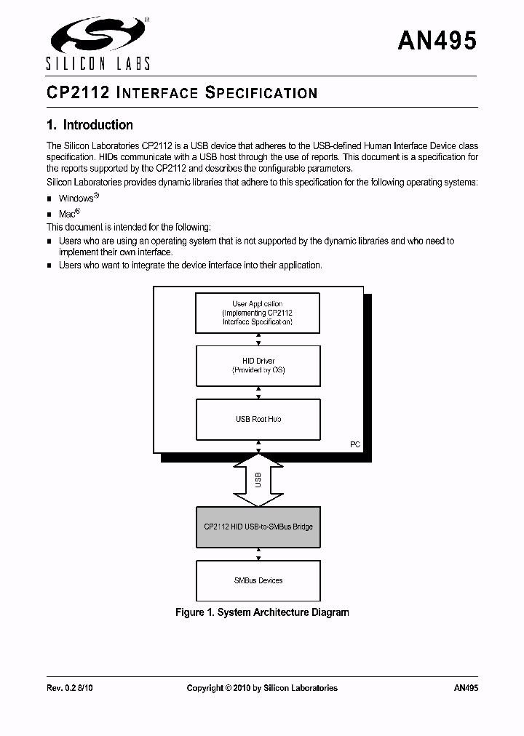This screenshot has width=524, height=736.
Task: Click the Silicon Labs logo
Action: (98, 43)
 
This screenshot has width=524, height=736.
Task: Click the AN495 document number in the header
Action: (437, 41)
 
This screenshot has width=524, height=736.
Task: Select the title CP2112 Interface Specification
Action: (181, 93)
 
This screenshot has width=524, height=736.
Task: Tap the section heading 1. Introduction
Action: (90, 125)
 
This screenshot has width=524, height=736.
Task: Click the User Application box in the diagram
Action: (258, 313)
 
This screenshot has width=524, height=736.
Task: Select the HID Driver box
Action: (258, 365)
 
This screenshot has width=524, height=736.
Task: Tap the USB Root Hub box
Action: (258, 419)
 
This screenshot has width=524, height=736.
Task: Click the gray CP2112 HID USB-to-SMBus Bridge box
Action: (258, 527)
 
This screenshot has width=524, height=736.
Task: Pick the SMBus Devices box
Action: (258, 580)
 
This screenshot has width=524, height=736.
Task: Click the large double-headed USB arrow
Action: (258, 479)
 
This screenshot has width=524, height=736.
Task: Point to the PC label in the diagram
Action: (355, 444)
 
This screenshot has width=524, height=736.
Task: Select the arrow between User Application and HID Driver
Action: (258, 339)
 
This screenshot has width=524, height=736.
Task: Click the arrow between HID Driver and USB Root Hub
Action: (258, 393)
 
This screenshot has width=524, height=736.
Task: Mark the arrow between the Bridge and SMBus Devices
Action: (258, 554)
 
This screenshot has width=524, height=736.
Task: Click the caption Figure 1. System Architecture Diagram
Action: (262, 612)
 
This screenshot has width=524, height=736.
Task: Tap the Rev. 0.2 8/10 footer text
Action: (69, 687)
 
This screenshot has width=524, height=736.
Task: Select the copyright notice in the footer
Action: (262, 687)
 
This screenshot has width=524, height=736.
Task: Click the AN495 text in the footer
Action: (465, 687)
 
